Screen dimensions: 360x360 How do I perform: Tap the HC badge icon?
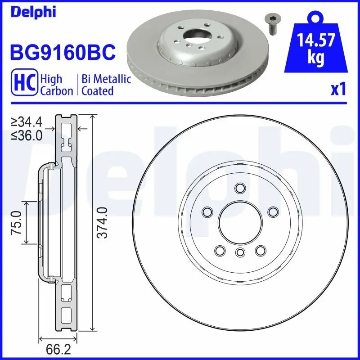26,84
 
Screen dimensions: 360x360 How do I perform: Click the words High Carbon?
56,85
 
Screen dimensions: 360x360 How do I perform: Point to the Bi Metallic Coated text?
106,85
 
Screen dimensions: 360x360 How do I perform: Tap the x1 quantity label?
338,90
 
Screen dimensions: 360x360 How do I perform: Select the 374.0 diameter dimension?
103,222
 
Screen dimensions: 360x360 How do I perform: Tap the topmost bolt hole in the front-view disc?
240,188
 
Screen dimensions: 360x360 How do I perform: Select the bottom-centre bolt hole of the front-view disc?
240,252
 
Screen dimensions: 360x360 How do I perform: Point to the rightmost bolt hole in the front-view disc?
272,211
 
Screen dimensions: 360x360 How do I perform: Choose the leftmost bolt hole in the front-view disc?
207,211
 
